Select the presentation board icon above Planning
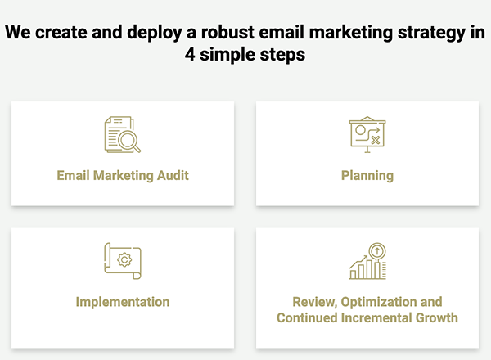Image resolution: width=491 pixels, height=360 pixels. (x=366, y=134)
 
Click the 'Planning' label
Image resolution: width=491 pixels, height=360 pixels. (x=367, y=175)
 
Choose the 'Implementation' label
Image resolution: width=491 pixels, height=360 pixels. (x=123, y=302)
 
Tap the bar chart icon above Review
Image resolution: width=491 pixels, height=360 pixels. (x=367, y=263)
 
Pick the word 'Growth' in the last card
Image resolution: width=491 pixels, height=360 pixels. (x=436, y=317)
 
